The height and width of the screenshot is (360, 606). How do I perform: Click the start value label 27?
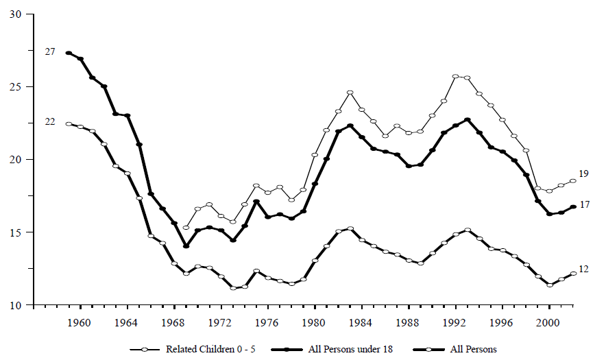click(x=50, y=51)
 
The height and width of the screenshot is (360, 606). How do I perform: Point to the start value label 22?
click(x=50, y=121)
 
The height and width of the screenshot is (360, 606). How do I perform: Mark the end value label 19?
click(x=583, y=173)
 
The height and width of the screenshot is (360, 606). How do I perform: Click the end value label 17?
click(x=583, y=204)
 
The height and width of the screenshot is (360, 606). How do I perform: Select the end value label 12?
click(x=583, y=269)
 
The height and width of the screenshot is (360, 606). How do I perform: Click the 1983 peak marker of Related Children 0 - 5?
click(x=350, y=93)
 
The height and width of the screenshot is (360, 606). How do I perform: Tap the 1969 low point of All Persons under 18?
click(x=186, y=246)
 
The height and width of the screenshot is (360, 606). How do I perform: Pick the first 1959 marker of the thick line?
click(x=69, y=53)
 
